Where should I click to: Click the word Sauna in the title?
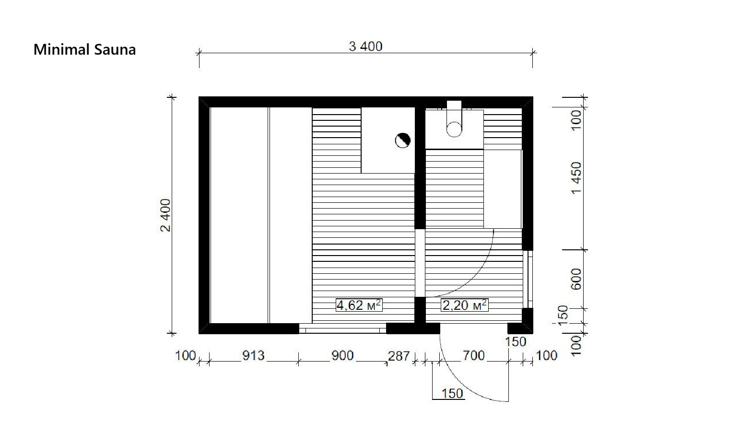pyautogui.click(x=115, y=49)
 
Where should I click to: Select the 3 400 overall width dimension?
pyautogui.click(x=366, y=47)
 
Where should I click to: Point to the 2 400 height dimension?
pyautogui.click(x=165, y=215)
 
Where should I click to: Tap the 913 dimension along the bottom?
pyautogui.click(x=253, y=356)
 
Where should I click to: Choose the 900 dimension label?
pyautogui.click(x=342, y=356)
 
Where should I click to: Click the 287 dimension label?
pyautogui.click(x=399, y=356)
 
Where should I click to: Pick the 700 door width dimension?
pyautogui.click(x=474, y=356)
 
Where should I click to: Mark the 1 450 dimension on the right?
pyautogui.click(x=576, y=178)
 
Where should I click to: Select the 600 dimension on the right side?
pyautogui.click(x=576, y=280)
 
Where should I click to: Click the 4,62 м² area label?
pyautogui.click(x=359, y=305)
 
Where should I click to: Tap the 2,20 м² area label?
pyautogui.click(x=465, y=305)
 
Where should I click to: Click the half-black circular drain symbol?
pyautogui.click(x=403, y=140)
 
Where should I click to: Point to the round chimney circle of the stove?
pyautogui.click(x=454, y=129)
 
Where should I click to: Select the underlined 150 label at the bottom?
pyautogui.click(x=452, y=394)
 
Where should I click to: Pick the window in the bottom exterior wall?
pyautogui.click(x=342, y=328)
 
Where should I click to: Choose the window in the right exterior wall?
pyautogui.click(x=528, y=280)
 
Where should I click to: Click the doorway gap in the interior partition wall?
pyautogui.click(x=420, y=263)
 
